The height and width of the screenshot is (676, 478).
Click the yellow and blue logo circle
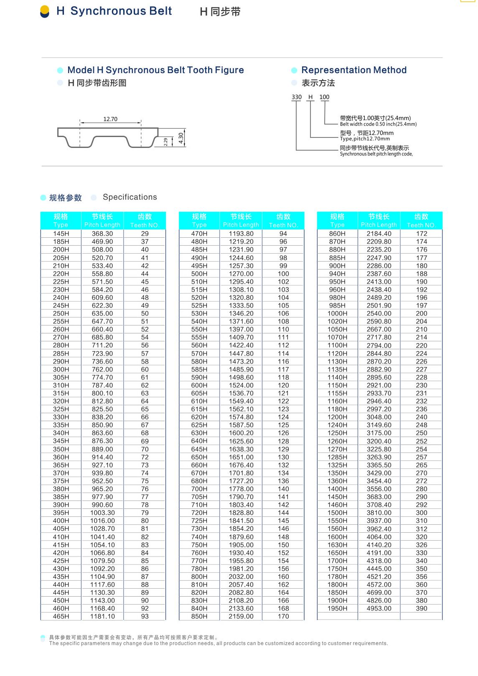[45, 11]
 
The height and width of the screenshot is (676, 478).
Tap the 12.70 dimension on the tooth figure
[110, 119]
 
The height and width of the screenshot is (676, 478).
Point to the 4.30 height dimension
[181, 137]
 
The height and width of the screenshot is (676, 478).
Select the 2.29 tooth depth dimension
[165, 142]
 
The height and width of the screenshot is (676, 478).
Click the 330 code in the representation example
[297, 97]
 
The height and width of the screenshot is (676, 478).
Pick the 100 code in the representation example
[324, 97]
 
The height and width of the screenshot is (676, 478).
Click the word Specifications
[130, 197]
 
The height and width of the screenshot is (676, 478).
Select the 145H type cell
[61, 234]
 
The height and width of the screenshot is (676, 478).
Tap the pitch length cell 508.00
[102, 249]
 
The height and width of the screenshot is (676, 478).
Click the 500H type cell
[199, 274]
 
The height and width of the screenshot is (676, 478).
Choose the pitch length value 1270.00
[241, 274]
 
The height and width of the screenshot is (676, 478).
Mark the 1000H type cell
[337, 313]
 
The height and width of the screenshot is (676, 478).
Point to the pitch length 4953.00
[379, 608]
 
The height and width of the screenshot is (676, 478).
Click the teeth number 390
[422, 608]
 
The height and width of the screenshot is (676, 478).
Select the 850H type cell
[199, 616]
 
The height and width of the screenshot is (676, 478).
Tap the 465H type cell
[61, 616]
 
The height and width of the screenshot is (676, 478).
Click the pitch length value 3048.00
[379, 417]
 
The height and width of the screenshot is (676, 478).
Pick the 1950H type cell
[337, 608]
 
